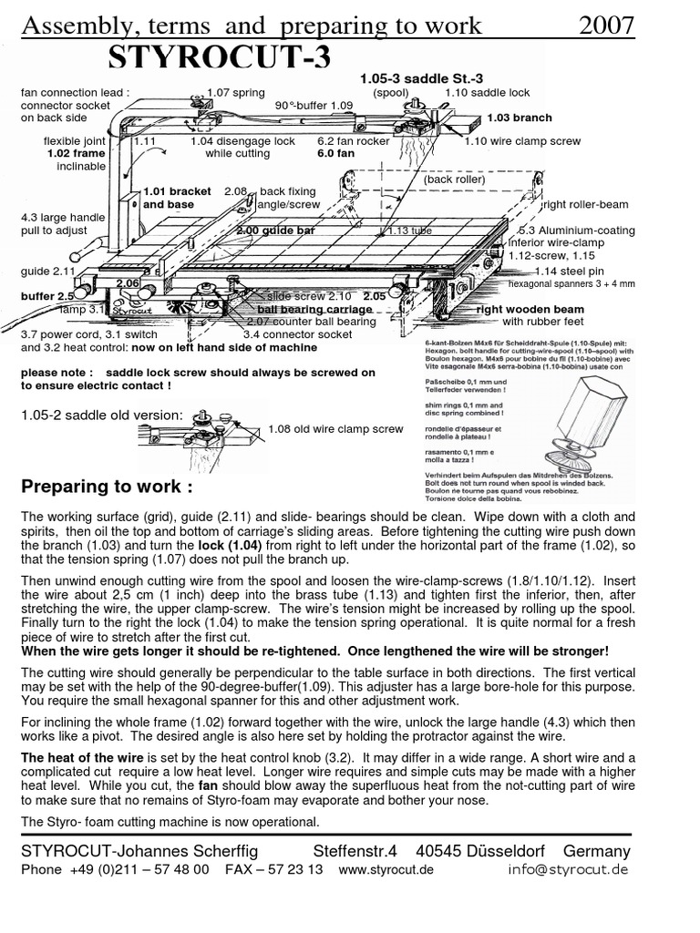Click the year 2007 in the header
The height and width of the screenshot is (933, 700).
607,26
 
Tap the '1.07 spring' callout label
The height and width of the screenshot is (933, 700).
235,92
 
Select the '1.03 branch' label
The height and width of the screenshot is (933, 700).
519,118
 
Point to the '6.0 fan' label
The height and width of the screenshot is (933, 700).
335,154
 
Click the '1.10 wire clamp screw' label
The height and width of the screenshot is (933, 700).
522,141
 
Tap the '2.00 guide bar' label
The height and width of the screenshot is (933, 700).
274,231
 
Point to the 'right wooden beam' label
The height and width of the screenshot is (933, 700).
530,309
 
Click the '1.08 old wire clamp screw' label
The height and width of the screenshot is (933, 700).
335,428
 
